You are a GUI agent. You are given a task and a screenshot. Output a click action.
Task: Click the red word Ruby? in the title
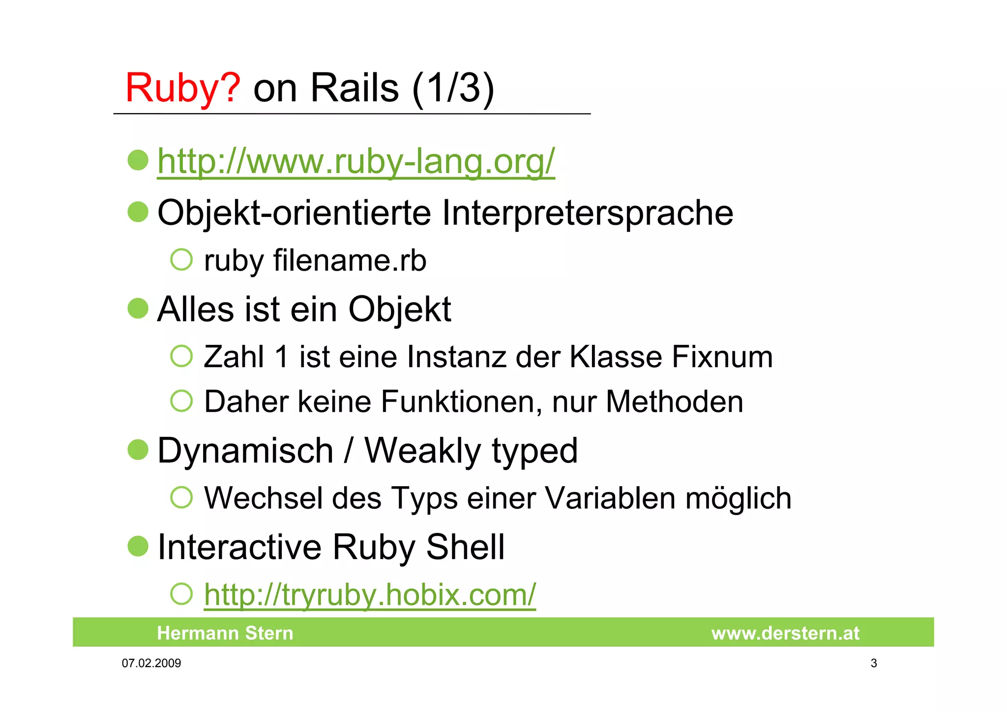point(182,88)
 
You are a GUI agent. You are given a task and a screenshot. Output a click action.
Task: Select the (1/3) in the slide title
point(453,89)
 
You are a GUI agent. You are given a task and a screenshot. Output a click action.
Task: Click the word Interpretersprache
point(587,213)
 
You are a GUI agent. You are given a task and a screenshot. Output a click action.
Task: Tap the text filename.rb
point(350,260)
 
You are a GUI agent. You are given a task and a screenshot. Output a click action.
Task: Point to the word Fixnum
point(722,357)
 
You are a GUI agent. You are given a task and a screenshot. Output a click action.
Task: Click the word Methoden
point(674,402)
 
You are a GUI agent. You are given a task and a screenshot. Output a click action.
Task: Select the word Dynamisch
point(245,451)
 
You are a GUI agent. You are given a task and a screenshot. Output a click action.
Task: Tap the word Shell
point(465,547)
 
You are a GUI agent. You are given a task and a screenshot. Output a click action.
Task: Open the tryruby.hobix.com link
point(370,595)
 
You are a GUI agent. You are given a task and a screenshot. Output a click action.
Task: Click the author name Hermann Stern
point(225,633)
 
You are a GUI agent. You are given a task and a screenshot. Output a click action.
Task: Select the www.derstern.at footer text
point(785,633)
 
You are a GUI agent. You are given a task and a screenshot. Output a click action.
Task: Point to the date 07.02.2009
point(151,663)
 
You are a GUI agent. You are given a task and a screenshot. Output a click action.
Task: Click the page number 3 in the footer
point(874,663)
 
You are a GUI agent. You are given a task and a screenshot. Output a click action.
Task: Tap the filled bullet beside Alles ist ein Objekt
point(138,309)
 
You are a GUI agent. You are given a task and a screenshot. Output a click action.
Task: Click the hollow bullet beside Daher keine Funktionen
point(181,401)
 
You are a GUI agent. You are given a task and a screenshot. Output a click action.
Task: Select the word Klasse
point(616,357)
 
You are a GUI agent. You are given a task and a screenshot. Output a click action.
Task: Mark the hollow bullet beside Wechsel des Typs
point(181,497)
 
